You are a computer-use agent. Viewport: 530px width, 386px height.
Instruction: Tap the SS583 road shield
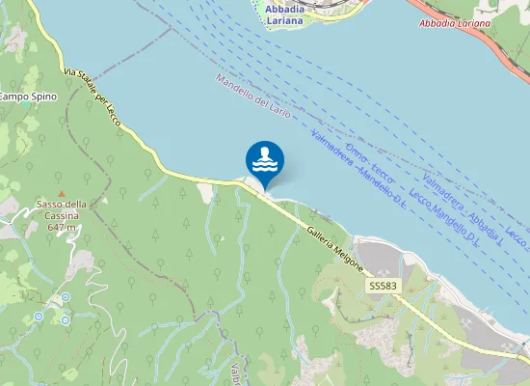pyautogui.click(x=383, y=287)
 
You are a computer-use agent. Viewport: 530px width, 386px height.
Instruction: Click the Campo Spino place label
pyautogui.click(x=27, y=96)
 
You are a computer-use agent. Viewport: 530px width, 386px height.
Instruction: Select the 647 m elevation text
pyautogui.click(x=62, y=226)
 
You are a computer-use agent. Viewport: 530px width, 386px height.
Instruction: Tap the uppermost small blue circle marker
pyautogui.click(x=66, y=298)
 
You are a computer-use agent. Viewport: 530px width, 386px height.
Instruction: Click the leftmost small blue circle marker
pyautogui.click(x=39, y=316)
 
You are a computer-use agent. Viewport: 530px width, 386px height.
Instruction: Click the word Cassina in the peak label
pyautogui.click(x=62, y=215)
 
